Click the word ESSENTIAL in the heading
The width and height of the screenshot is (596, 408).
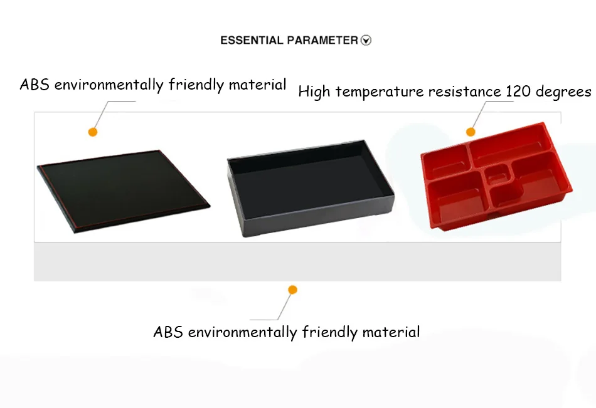pyautogui.click(x=252, y=40)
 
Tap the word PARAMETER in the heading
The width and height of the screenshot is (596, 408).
pyautogui.click(x=322, y=40)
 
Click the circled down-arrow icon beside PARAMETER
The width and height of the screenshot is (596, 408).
pyautogui.click(x=366, y=40)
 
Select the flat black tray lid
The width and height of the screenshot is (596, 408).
pyautogui.click(x=123, y=191)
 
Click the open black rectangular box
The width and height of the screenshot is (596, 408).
pyautogui.click(x=311, y=188)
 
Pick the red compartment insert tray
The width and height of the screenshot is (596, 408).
pyautogui.click(x=496, y=176)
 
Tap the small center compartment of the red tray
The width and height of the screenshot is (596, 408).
pyautogui.click(x=498, y=175)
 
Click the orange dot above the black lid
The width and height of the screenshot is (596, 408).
pyautogui.click(x=93, y=132)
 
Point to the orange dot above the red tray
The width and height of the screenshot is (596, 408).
pyautogui.click(x=471, y=132)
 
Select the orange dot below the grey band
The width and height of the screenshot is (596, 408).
pyautogui.click(x=293, y=290)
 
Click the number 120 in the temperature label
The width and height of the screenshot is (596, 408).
pyautogui.click(x=518, y=92)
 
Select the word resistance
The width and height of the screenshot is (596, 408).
pyautogui.click(x=464, y=92)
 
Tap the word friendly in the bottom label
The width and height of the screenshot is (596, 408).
pyautogui.click(x=330, y=333)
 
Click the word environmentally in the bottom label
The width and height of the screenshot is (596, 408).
pyautogui.click(x=243, y=333)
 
